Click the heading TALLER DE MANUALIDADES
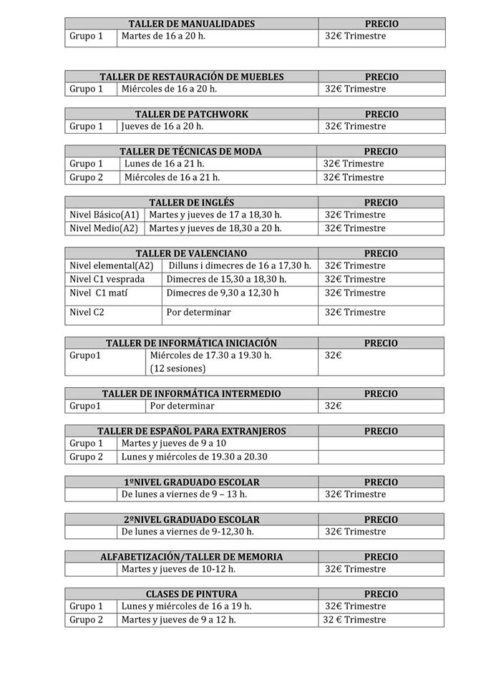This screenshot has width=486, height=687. pos(191,24)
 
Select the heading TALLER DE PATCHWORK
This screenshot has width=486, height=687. pos(191,114)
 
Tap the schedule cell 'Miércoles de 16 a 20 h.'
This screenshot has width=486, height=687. pos(169,89)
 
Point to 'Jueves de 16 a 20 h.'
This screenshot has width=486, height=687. pos(162,126)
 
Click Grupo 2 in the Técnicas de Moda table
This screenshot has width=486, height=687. pos(86,177)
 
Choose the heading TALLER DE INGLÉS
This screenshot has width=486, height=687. pos(191,203)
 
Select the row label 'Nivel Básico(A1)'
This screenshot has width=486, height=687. pos(105,215)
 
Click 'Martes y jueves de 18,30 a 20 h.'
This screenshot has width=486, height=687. pos(215,228)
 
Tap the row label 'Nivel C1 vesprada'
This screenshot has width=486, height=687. pos(107,279)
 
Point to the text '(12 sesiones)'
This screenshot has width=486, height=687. pos(178,369)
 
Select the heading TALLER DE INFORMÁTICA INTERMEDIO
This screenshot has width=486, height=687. pos(191,394)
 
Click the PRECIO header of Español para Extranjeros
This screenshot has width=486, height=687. pos(381,431)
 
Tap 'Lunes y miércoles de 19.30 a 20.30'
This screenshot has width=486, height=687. pos(194,457)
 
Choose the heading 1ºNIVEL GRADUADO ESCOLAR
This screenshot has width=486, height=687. pos(191,482)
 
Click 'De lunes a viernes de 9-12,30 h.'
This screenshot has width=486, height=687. pos(188,532)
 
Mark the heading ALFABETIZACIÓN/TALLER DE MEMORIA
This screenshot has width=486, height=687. pos(191,557)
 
